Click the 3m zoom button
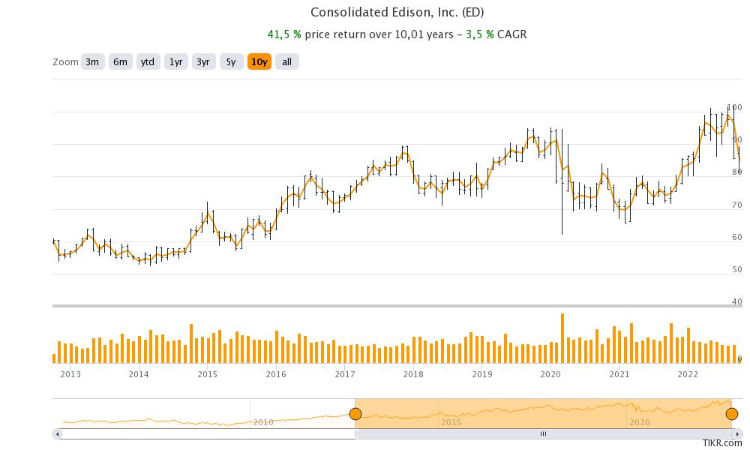click(92, 62)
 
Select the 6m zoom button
click(120, 62)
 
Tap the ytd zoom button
click(148, 62)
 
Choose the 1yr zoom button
click(175, 62)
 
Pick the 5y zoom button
click(231, 62)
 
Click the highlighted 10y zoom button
click(259, 62)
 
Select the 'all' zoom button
click(286, 62)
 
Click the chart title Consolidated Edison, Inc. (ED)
click(397, 13)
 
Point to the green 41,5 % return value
click(285, 34)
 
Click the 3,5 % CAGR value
click(478, 34)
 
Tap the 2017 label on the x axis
click(345, 373)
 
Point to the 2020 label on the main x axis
click(550, 373)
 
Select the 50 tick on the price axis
click(736, 269)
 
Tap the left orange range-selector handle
click(355, 414)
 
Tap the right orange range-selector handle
click(732, 414)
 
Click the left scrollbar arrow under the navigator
click(58, 433)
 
